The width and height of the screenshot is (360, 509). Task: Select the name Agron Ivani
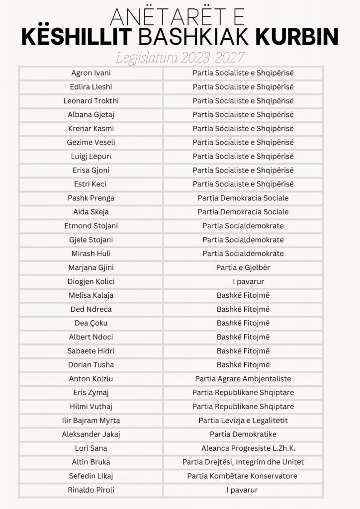click(x=91, y=73)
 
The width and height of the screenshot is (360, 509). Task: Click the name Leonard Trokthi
click(x=91, y=101)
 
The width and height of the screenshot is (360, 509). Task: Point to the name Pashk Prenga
click(x=91, y=198)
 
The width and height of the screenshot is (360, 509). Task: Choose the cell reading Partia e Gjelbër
click(x=243, y=267)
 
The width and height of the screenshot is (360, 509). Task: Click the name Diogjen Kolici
click(x=91, y=281)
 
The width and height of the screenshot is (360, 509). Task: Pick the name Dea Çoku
click(x=91, y=323)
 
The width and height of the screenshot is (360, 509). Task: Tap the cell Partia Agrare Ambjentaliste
click(x=243, y=379)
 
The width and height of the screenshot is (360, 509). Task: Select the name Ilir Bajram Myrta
click(x=91, y=421)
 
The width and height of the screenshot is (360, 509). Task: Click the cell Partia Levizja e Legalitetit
click(x=243, y=421)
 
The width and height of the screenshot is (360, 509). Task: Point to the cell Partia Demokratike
click(x=243, y=434)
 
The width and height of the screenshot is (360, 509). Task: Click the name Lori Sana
click(x=91, y=448)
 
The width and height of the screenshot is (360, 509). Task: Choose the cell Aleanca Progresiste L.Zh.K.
click(x=243, y=448)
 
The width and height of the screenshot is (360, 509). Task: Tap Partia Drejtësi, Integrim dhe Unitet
click(x=243, y=462)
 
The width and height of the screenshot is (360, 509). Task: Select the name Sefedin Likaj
click(x=91, y=476)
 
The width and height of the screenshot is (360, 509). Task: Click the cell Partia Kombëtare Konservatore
click(x=243, y=476)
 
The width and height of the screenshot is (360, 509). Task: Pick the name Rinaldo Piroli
click(x=91, y=490)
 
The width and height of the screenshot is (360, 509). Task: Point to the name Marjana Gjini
click(x=91, y=267)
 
